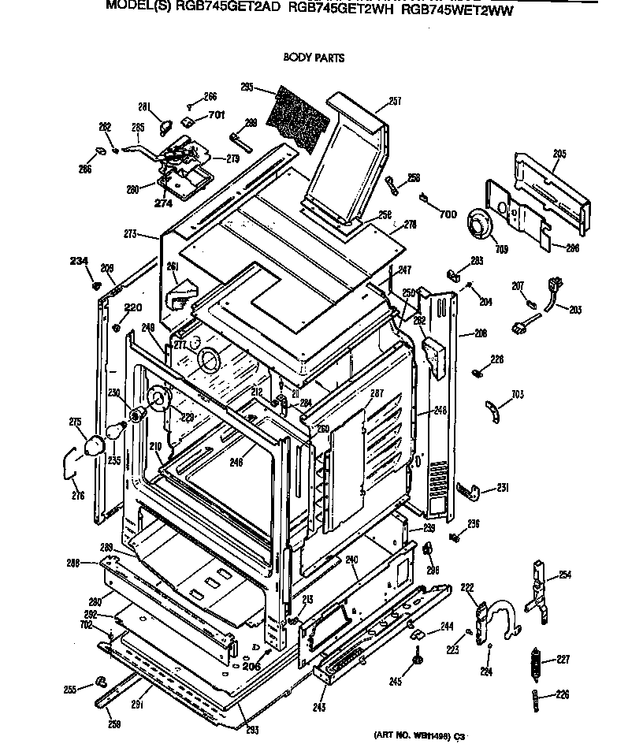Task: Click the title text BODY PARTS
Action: (313, 58)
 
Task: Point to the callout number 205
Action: (559, 154)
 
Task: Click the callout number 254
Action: (564, 575)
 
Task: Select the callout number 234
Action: (79, 261)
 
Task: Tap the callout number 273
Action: (129, 234)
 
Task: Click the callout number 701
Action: (216, 115)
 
